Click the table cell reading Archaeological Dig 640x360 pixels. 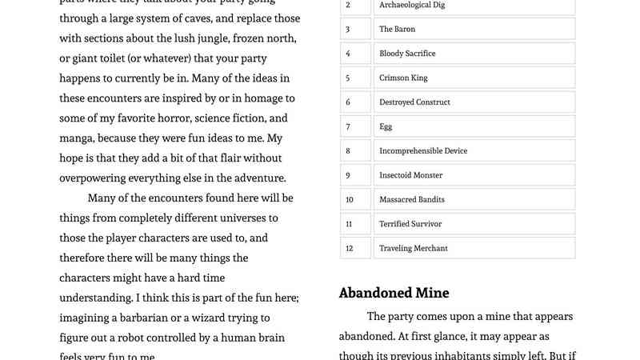click(x=413, y=5)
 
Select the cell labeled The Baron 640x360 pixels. click(x=397, y=29)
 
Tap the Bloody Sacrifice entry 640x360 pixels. click(x=407, y=54)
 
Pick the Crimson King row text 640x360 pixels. click(x=403, y=78)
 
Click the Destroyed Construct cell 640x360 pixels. click(x=414, y=102)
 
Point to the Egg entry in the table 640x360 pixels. click(x=386, y=126)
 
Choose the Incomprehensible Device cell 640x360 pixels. click(x=423, y=150)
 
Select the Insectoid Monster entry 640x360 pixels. click(x=410, y=175)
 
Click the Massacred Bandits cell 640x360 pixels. click(x=411, y=199)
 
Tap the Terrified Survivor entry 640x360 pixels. click(x=410, y=224)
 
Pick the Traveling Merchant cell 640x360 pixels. click(x=413, y=248)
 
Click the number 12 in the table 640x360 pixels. click(x=349, y=248)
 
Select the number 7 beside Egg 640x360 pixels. click(x=348, y=126)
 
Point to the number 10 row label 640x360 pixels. click(x=349, y=199)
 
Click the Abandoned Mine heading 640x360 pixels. click(x=394, y=293)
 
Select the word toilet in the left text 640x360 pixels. click(x=124, y=58)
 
